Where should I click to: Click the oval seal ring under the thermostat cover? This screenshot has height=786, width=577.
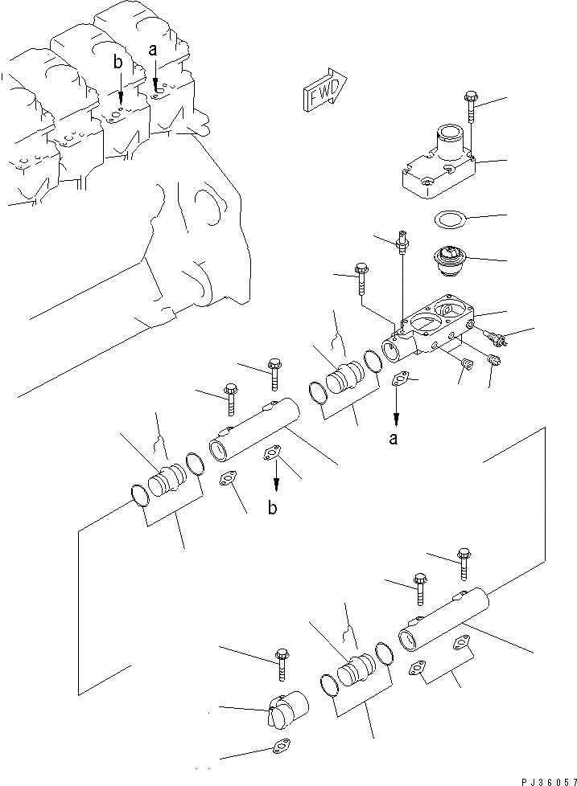click(x=449, y=219)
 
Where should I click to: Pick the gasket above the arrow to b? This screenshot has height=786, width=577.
click(x=274, y=454)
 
